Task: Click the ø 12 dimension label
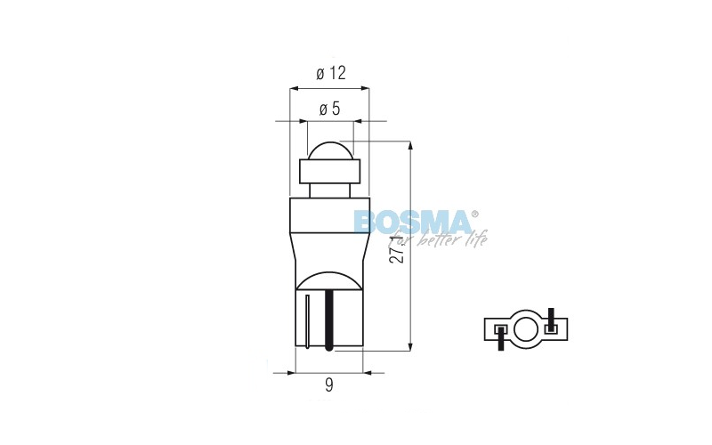point(330,73)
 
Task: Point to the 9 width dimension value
point(329,384)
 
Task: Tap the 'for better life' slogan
point(437,239)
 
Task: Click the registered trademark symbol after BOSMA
point(474,214)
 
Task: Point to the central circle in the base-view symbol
point(526,327)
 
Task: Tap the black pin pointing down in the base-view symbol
point(501,337)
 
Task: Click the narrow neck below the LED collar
point(329,190)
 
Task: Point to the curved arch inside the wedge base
point(329,280)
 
